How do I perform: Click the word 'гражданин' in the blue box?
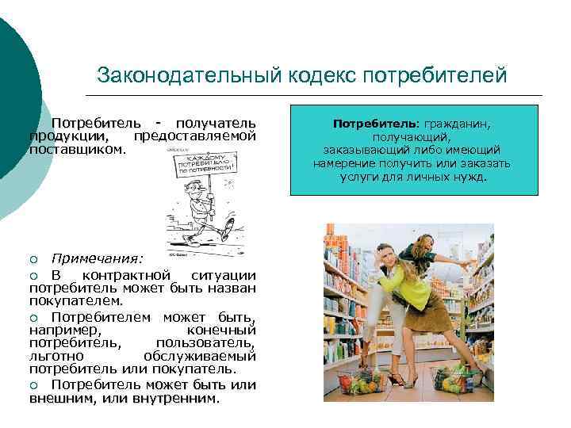tap(456, 124)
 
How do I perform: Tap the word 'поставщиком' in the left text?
tap(76, 148)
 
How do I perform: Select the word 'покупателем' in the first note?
tap(75, 300)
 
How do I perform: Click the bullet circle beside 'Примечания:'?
tap(34, 260)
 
